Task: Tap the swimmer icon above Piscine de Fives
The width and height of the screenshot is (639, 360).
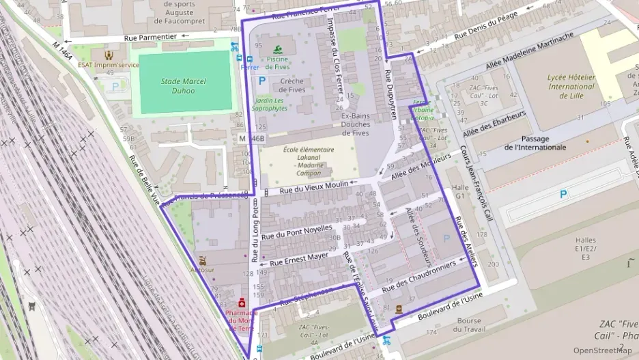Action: [x=277, y=49]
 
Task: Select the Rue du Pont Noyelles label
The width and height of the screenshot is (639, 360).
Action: [x=296, y=231]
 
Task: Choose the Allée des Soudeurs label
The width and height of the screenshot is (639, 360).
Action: [x=418, y=236]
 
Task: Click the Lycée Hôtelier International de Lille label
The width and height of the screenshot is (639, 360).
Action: [x=571, y=87]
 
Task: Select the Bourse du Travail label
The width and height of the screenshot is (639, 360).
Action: [x=469, y=324]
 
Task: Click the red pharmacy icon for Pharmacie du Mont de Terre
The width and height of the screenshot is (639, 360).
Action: [x=241, y=303]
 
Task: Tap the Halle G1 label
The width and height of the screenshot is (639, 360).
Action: [x=462, y=191]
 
